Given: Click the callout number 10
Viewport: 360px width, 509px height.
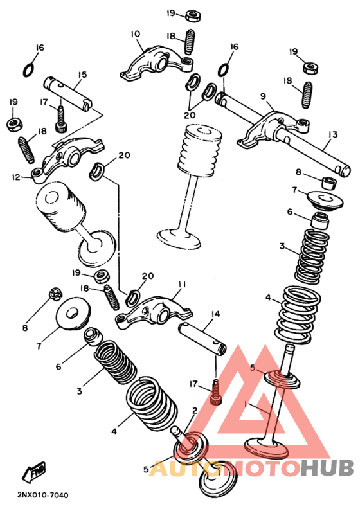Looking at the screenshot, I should [x=135, y=34].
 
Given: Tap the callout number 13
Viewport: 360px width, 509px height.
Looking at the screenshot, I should [x=332, y=134].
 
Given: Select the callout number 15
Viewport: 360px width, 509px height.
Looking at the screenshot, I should [x=82, y=75].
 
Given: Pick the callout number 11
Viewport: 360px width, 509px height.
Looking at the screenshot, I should [x=183, y=283].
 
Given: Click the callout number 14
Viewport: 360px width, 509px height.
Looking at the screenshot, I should [x=215, y=314].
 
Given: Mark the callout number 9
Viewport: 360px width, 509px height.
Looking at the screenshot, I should [x=263, y=96].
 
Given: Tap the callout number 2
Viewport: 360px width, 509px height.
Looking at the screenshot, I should [x=195, y=410].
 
